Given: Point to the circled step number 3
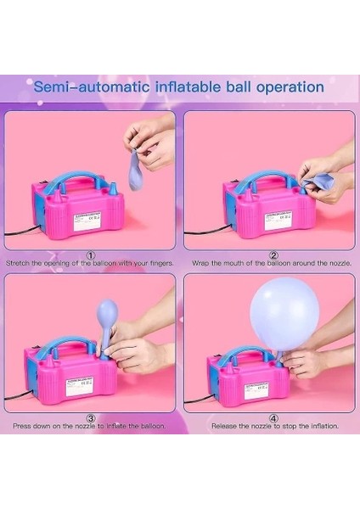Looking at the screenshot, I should (x=91, y=417).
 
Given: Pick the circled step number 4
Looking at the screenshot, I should (x=273, y=417).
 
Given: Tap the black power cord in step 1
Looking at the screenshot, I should (x=18, y=229).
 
